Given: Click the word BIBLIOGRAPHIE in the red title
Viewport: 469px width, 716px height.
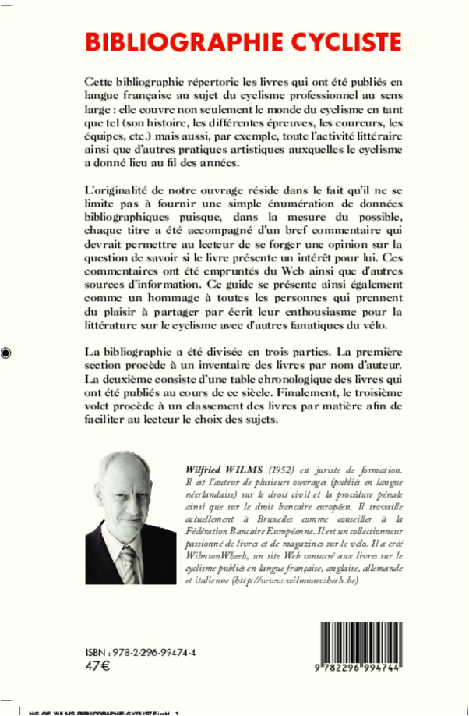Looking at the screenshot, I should (172, 41).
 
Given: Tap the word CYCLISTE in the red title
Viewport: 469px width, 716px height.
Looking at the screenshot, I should (334, 41).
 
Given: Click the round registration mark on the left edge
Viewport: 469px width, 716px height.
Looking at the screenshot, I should (6, 352).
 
